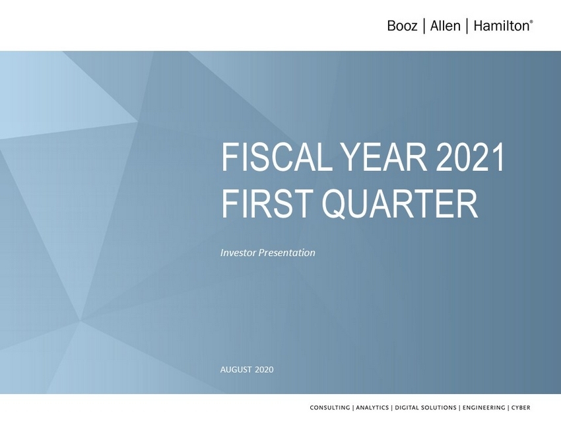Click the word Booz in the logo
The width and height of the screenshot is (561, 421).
402,26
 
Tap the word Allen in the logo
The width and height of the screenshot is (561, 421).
445,26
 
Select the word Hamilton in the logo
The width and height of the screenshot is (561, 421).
501,26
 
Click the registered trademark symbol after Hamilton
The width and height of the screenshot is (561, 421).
531,22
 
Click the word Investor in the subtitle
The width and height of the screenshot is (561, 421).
238,253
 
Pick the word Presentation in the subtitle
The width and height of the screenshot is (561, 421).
287,253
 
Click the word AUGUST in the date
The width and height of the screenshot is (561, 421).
236,370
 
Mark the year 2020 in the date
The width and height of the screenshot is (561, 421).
265,370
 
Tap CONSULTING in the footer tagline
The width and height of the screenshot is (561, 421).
330,407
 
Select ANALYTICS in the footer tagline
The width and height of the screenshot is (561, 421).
372,407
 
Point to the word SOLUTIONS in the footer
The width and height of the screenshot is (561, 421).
440,407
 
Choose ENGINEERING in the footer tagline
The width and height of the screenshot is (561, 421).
484,407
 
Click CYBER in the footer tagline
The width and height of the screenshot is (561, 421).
521,407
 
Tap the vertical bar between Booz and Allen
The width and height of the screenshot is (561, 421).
424,26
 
